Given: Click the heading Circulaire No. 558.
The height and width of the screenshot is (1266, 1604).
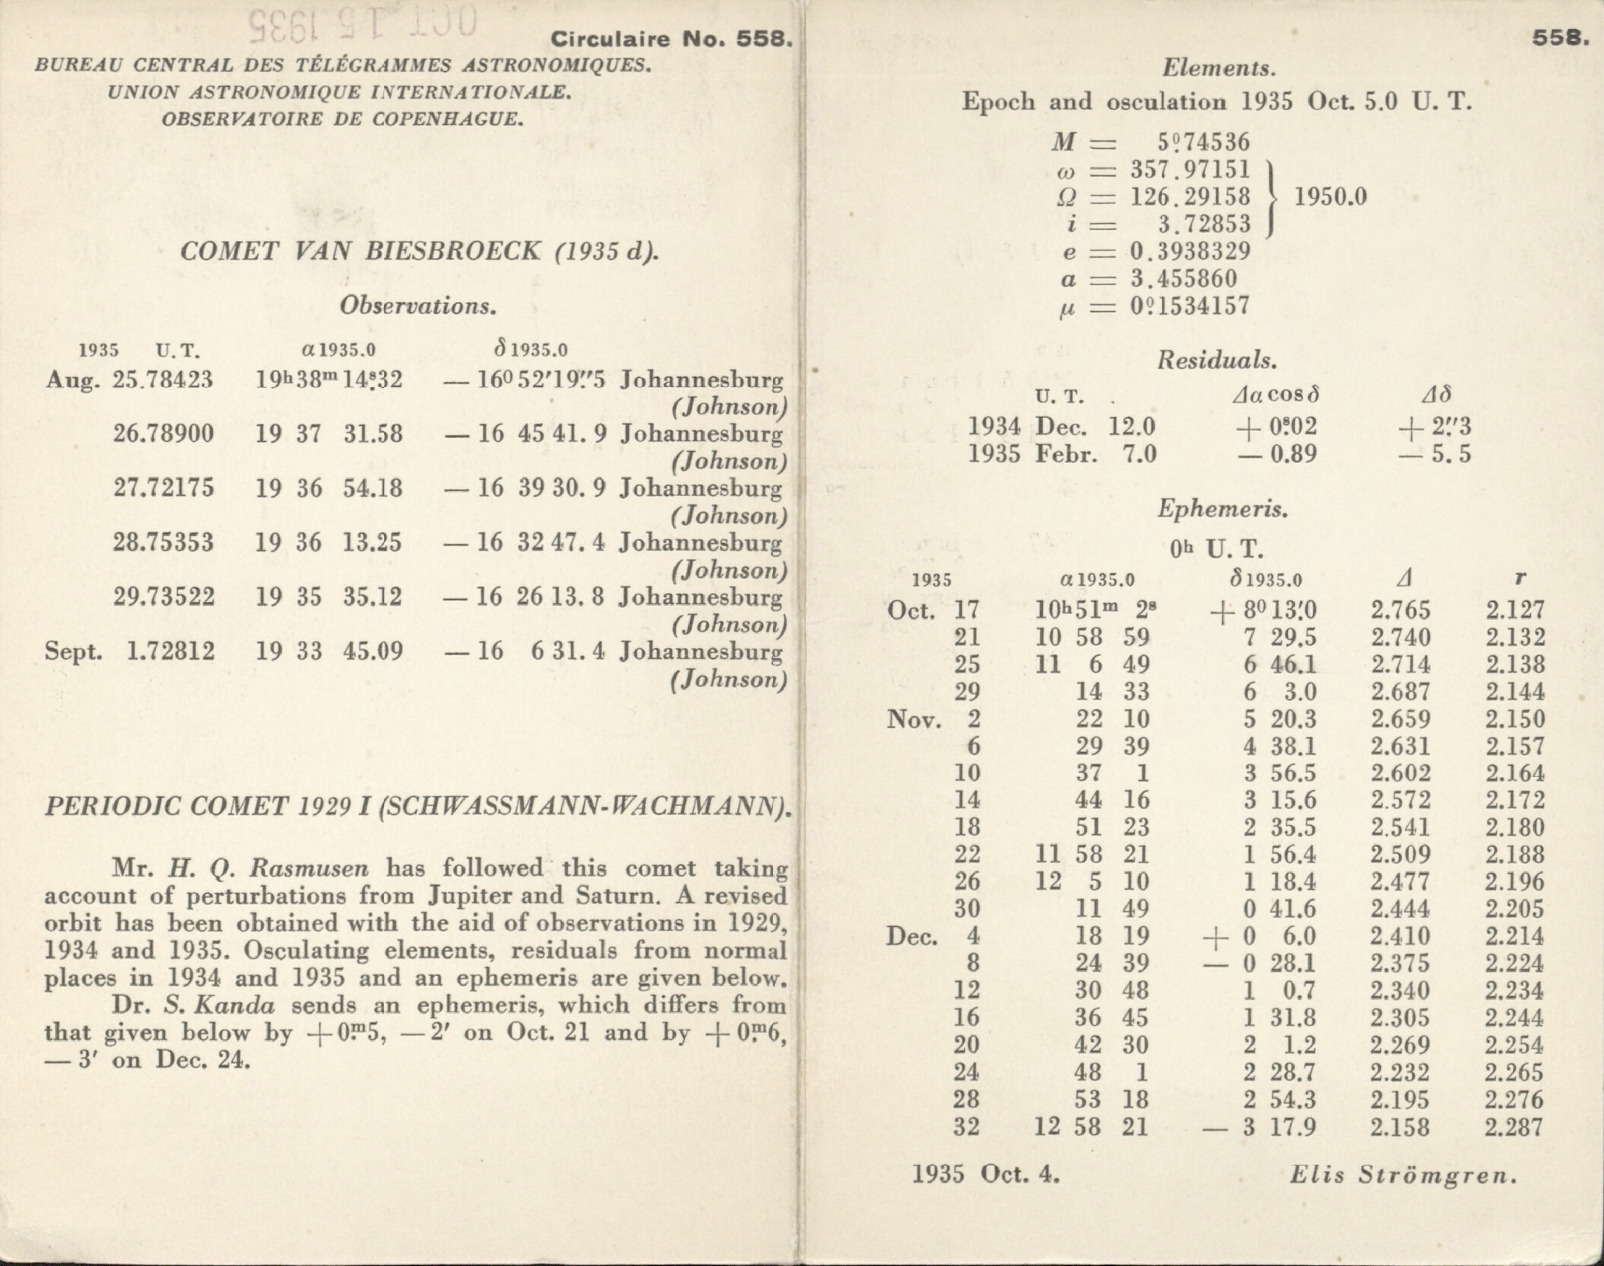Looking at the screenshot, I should click(671, 39).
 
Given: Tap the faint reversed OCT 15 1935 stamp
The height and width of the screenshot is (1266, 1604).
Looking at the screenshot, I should click(363, 22).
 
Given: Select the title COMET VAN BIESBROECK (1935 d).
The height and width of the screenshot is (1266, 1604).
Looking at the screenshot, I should click(419, 252).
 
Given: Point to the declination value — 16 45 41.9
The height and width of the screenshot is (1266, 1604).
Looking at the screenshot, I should click(525, 433).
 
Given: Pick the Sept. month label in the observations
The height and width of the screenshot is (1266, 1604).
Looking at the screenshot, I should click(73, 652).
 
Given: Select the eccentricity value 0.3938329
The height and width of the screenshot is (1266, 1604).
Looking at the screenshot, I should click(1190, 251).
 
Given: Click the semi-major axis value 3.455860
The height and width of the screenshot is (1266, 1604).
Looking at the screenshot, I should click(1183, 279).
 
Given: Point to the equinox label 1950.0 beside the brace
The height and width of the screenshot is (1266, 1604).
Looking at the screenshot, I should click(1330, 197).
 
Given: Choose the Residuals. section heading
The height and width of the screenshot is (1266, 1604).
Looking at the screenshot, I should click(1217, 361).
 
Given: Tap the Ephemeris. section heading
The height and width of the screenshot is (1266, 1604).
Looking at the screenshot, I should click(1222, 509).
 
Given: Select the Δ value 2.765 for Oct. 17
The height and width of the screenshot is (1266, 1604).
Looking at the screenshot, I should click(1400, 610).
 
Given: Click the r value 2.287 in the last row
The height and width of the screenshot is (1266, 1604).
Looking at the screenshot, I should click(1514, 1128).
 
